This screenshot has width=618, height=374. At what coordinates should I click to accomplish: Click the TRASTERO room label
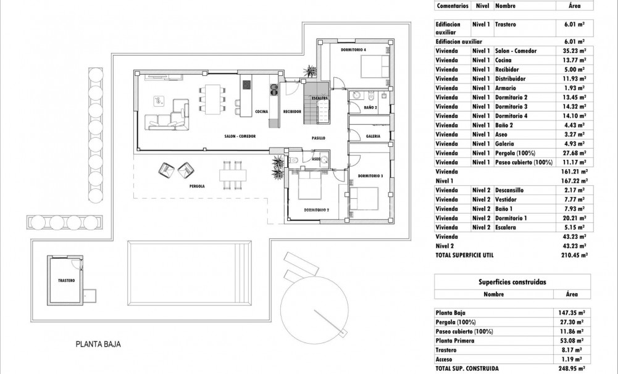67,280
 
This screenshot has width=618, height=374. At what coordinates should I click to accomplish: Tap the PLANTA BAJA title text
98,345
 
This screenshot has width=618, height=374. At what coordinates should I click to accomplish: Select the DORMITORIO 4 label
353,49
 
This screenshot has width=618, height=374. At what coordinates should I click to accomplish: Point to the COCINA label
261,112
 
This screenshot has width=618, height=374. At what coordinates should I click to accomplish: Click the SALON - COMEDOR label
240,136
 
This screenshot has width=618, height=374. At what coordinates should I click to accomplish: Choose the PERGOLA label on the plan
197,186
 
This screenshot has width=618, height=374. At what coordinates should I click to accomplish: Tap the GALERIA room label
373,136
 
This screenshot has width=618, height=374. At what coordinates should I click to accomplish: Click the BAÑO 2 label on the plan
370,108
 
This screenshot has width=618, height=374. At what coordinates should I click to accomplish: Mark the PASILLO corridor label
318,138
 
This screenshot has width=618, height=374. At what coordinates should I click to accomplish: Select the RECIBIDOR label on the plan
292,112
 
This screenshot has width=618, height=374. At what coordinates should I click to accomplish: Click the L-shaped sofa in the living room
165,115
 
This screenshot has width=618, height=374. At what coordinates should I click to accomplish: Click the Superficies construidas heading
512,281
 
